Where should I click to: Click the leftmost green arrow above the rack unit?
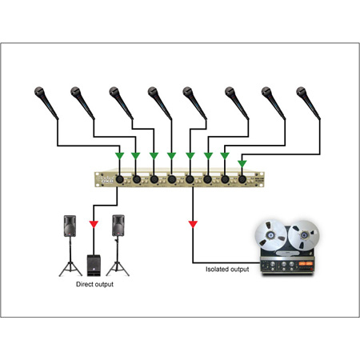coord(119,155)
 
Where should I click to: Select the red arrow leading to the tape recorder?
coord(192,223)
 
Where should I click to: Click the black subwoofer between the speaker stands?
coord(94,263)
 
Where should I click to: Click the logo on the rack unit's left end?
coord(102,180)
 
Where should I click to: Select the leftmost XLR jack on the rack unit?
coord(119,180)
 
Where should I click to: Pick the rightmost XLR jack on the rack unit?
coord(241,180)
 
